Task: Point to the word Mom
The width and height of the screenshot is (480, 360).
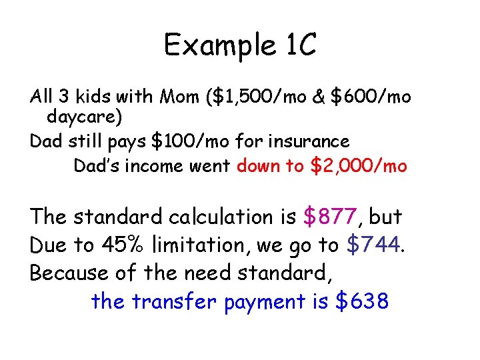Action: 183,97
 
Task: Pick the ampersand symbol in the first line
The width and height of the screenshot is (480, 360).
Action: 317,97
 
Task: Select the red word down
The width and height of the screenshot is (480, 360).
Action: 260,165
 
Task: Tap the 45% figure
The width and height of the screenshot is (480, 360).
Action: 124,245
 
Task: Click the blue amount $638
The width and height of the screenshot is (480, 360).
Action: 361,302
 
